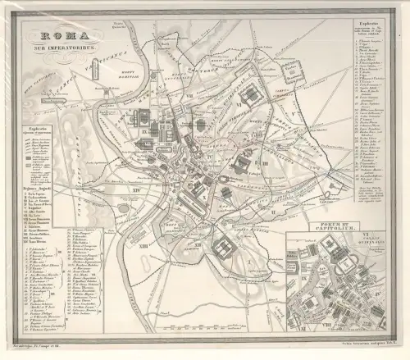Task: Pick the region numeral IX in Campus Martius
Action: click(x=146, y=131)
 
